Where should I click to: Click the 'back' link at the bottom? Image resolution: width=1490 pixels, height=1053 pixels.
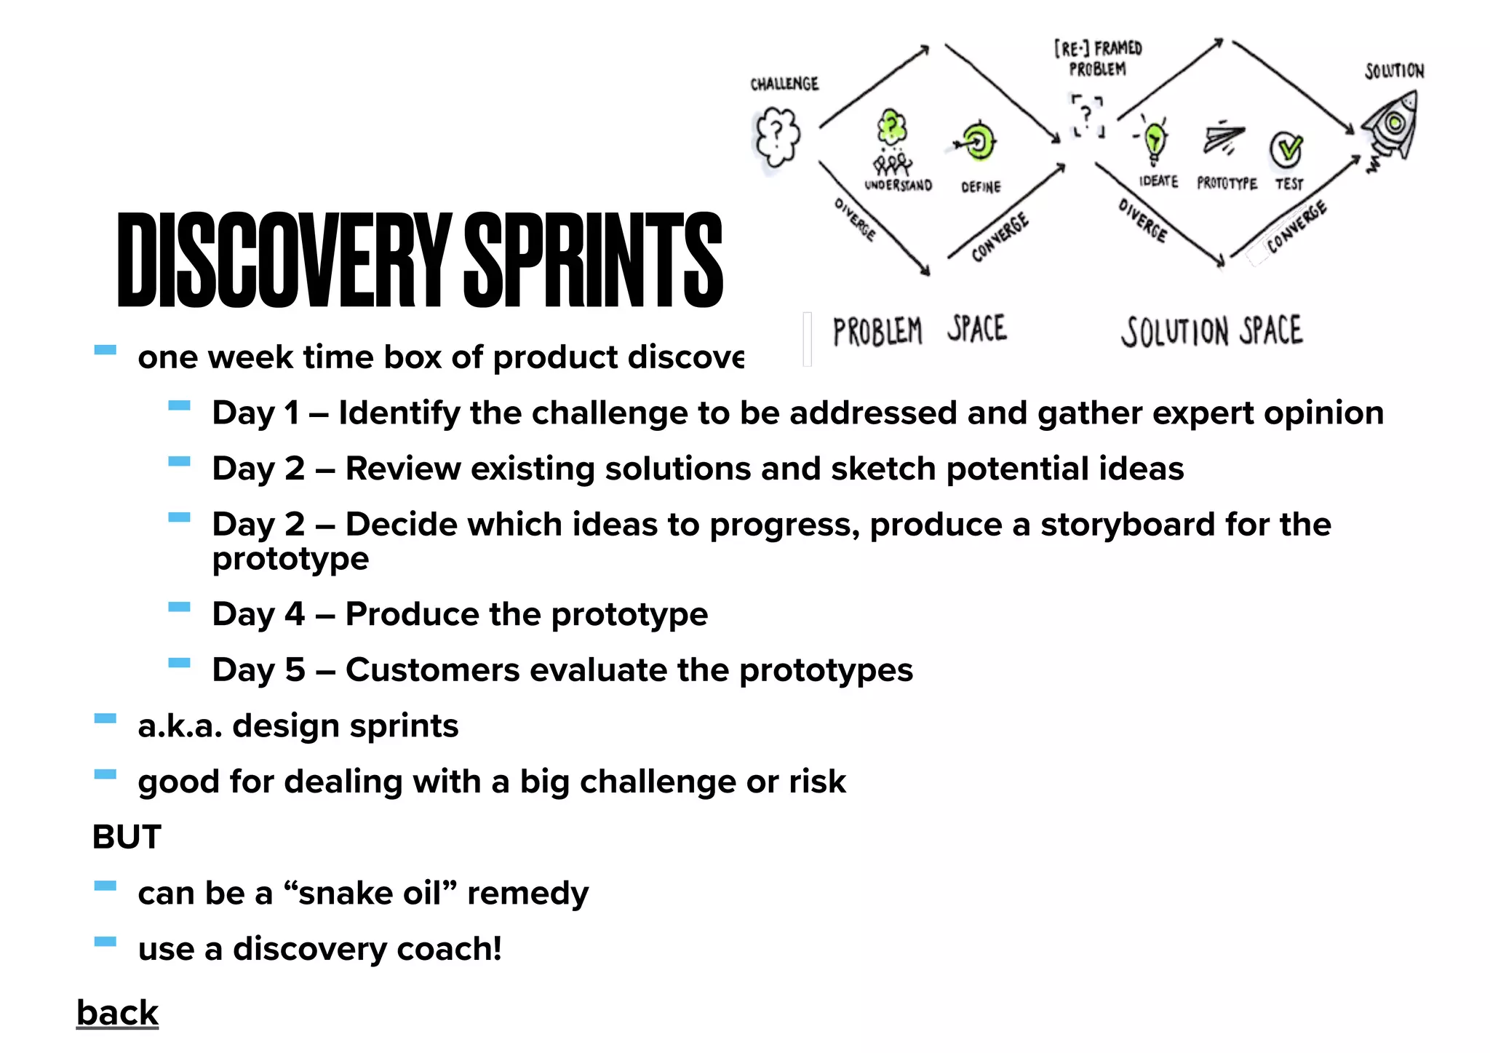(x=117, y=1012)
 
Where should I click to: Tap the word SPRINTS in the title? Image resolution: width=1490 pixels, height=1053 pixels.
(x=593, y=260)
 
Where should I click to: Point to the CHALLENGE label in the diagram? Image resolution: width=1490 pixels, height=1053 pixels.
(x=784, y=84)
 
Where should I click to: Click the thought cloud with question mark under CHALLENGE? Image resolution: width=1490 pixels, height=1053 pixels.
(x=776, y=136)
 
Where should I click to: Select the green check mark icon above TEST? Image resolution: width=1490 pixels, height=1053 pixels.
(x=1287, y=148)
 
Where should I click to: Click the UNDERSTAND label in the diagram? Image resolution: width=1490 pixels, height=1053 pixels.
(x=898, y=186)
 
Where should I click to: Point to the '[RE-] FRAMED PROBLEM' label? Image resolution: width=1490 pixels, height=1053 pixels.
(x=1098, y=58)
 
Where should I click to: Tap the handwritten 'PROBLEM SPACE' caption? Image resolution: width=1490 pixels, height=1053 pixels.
(x=920, y=331)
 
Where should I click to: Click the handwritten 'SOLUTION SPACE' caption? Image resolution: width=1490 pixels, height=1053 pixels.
(x=1211, y=332)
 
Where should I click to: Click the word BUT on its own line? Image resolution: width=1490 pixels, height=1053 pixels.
(x=127, y=837)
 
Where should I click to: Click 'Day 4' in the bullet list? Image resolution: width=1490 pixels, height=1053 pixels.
(x=258, y=614)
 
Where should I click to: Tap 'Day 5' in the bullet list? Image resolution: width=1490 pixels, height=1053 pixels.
(x=258, y=670)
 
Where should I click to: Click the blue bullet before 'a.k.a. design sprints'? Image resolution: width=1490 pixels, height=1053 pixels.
(x=105, y=719)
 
